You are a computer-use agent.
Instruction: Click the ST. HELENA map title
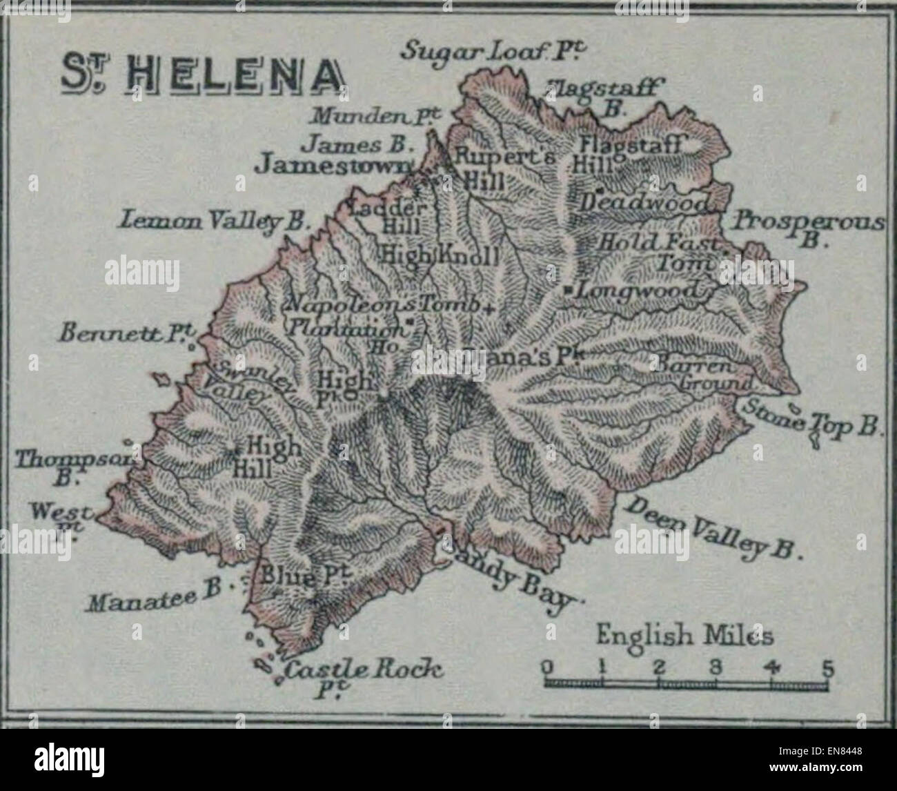click(203, 75)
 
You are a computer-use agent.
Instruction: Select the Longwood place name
click(638, 291)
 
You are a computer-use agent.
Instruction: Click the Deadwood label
click(646, 203)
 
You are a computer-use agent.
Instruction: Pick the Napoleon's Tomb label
click(383, 304)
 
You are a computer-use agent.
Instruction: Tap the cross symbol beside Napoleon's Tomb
click(490, 309)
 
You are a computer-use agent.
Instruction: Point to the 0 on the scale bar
click(546, 667)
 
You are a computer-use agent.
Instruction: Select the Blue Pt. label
click(294, 576)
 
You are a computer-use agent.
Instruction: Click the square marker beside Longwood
click(567, 291)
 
